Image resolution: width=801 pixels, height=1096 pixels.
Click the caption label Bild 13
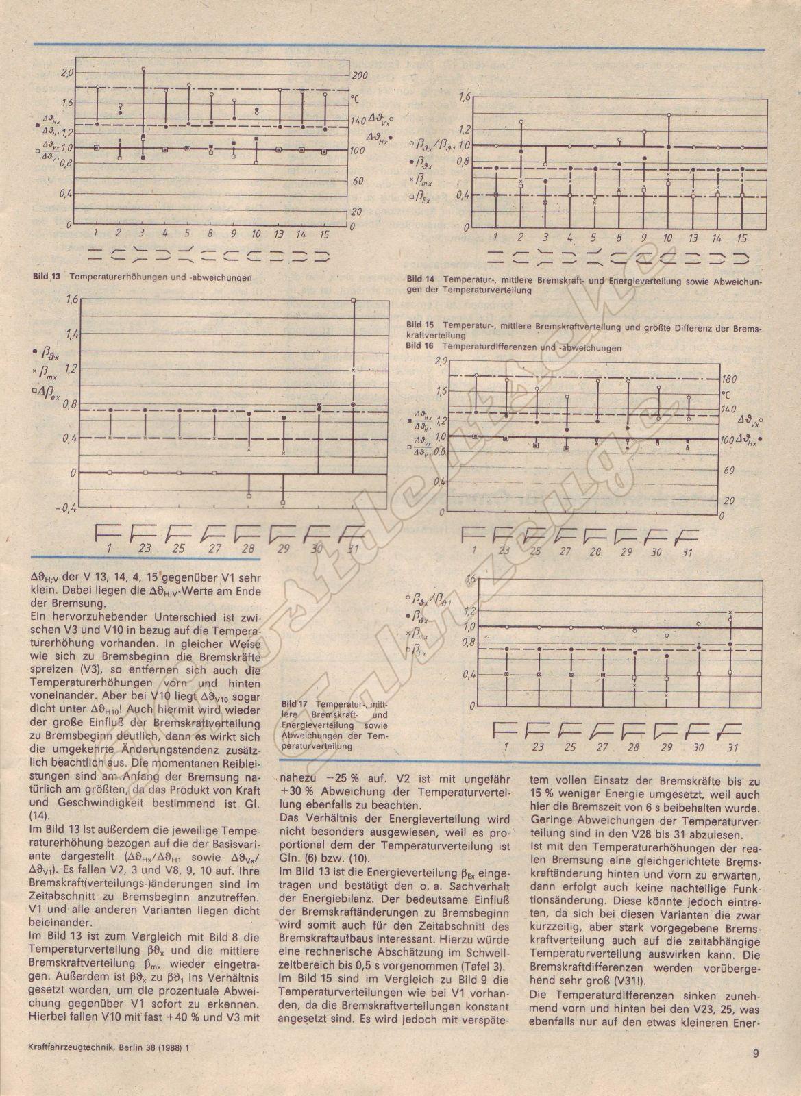[45, 277]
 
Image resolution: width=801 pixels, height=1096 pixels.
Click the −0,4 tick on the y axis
[66, 508]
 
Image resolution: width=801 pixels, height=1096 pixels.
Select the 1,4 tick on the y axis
[70, 334]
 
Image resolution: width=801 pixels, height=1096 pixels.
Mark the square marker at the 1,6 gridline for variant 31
[353, 300]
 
